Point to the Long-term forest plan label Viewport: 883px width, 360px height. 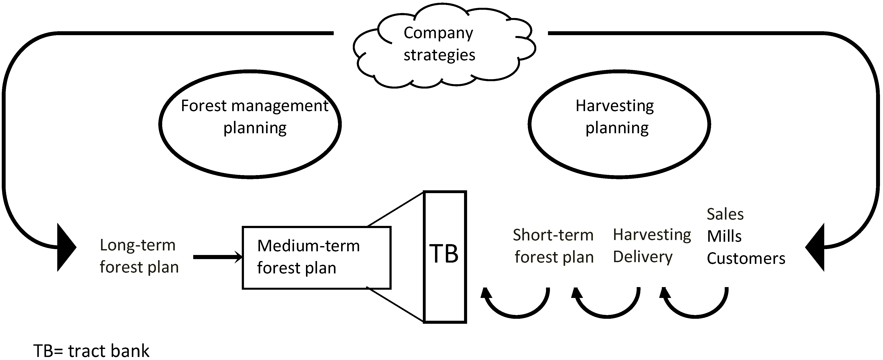coord(139,256)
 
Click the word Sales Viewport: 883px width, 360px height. coord(725,214)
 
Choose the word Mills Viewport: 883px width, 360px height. coord(724,236)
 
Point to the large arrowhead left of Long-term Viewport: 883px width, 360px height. coord(65,247)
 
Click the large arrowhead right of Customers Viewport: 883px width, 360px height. coord(816,247)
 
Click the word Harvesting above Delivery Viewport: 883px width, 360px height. coord(651,235)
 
